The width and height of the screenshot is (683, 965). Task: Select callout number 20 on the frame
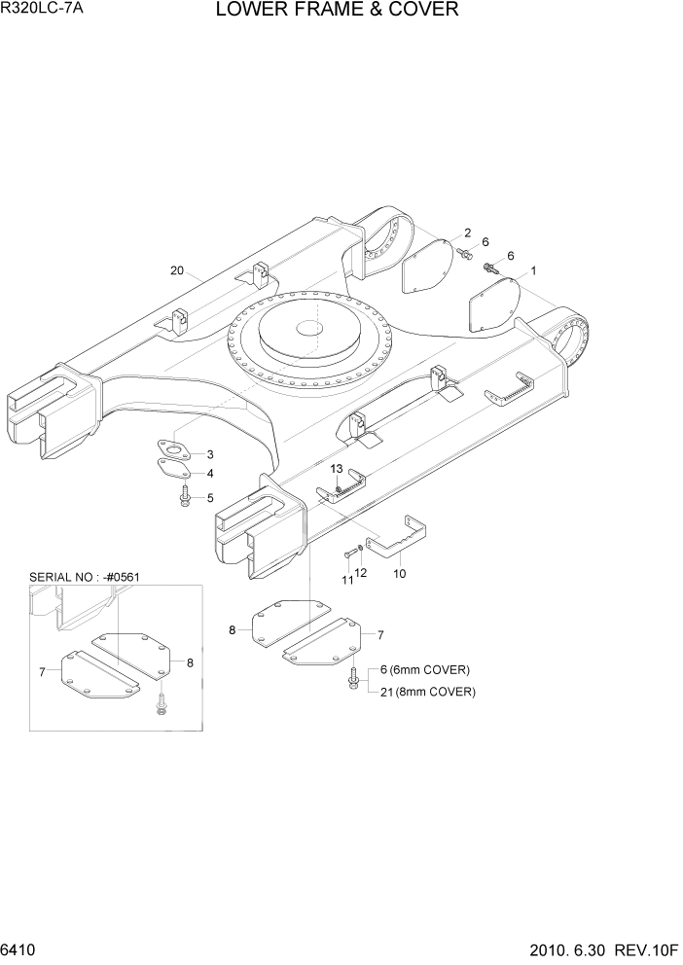(x=177, y=271)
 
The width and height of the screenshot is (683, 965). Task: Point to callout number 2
(x=467, y=232)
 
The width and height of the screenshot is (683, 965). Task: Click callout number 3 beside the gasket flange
(x=209, y=455)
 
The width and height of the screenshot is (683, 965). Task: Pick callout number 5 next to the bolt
(x=209, y=498)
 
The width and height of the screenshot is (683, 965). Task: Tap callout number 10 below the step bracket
(x=399, y=575)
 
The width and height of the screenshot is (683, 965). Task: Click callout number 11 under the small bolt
(x=346, y=580)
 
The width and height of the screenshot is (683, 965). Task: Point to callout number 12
(x=362, y=573)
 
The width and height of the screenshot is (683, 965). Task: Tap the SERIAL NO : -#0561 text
(x=86, y=577)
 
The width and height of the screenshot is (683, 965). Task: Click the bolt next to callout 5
(x=184, y=498)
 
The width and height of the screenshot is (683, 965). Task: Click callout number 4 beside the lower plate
(x=209, y=474)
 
